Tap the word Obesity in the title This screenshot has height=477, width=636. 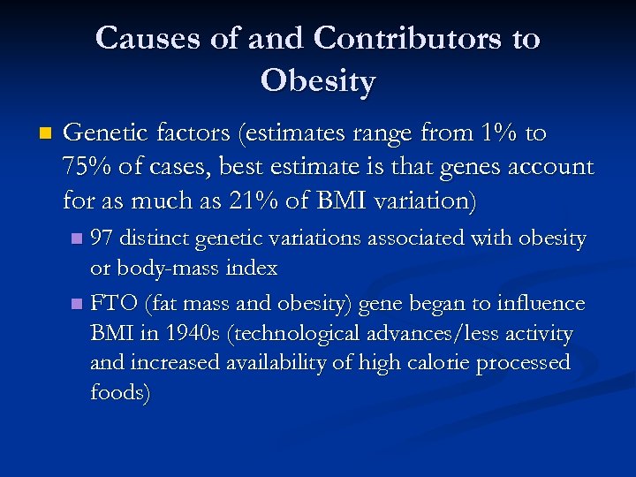pos(318,81)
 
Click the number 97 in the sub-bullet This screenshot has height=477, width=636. pos(102,239)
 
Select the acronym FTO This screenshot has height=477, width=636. pos(112,304)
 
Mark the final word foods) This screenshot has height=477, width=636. pos(120,393)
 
